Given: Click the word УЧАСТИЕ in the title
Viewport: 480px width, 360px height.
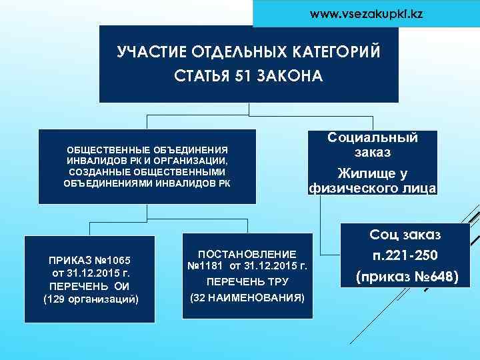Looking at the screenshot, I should click(x=151, y=53).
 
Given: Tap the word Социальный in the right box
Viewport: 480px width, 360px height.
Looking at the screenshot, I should click(x=373, y=138).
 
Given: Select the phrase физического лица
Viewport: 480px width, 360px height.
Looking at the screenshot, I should click(x=373, y=189).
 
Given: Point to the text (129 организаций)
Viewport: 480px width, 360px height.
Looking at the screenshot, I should click(x=91, y=298).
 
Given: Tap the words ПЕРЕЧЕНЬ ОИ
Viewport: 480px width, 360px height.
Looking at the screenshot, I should click(x=91, y=285).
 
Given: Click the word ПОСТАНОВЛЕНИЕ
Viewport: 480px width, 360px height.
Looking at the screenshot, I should click(x=247, y=254).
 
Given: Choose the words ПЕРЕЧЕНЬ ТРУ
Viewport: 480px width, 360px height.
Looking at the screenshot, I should click(x=247, y=281).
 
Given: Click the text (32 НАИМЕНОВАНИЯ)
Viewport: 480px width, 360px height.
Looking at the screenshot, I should click(x=247, y=297).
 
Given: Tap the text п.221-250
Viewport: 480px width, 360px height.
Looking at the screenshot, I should click(x=406, y=255).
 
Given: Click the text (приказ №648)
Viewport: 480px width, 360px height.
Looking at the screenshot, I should click(x=406, y=275).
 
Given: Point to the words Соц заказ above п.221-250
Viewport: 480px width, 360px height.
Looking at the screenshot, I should click(x=406, y=234).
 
